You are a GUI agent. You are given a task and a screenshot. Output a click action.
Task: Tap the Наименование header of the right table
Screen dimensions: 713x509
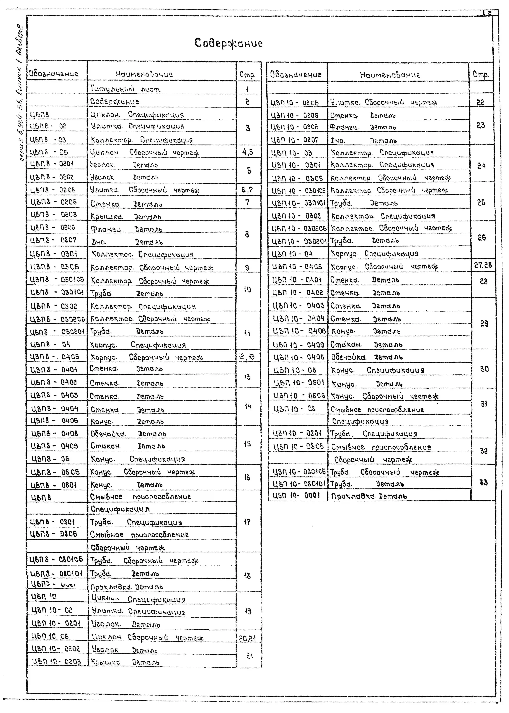(390, 75)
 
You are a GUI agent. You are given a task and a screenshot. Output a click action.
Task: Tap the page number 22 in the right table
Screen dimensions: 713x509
(480, 102)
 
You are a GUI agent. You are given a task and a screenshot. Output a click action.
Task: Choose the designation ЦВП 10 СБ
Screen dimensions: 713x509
(50, 636)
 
